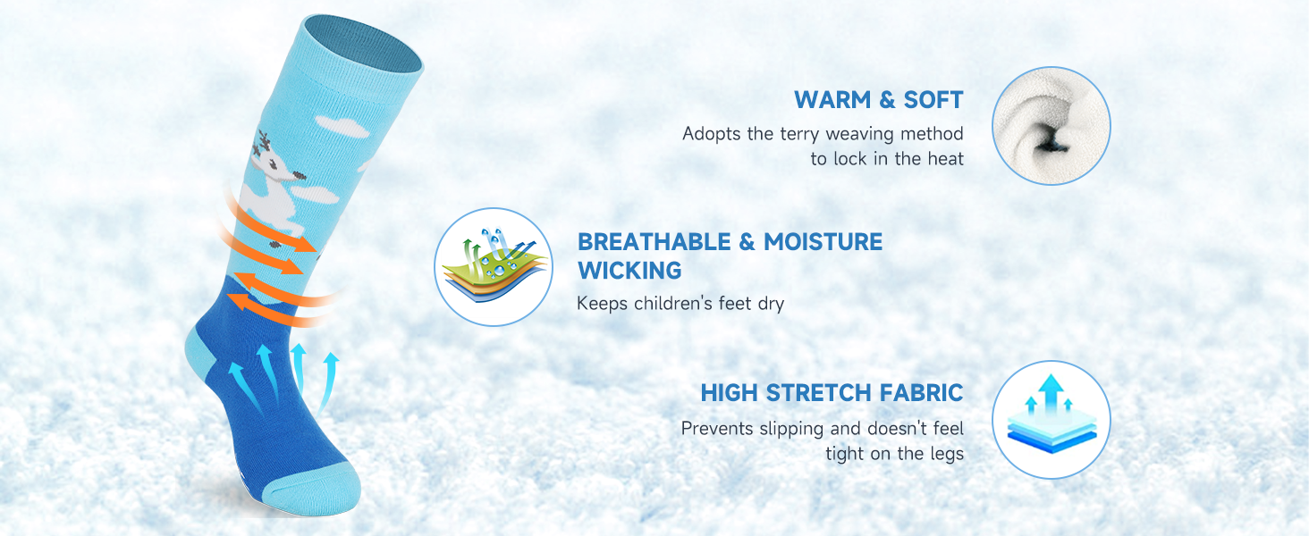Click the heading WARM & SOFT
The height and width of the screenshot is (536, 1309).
(878, 100)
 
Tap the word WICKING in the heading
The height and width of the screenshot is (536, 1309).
(629, 271)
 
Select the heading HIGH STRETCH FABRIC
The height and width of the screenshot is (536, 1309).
(832, 393)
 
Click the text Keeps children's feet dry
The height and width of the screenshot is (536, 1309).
(680, 304)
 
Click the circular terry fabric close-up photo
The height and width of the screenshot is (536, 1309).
(1051, 126)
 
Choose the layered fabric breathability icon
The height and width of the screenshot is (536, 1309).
(494, 267)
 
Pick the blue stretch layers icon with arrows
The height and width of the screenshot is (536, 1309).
(1051, 420)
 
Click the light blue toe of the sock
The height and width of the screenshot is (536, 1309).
(309, 490)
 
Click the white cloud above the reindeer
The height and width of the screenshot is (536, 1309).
(342, 126)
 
